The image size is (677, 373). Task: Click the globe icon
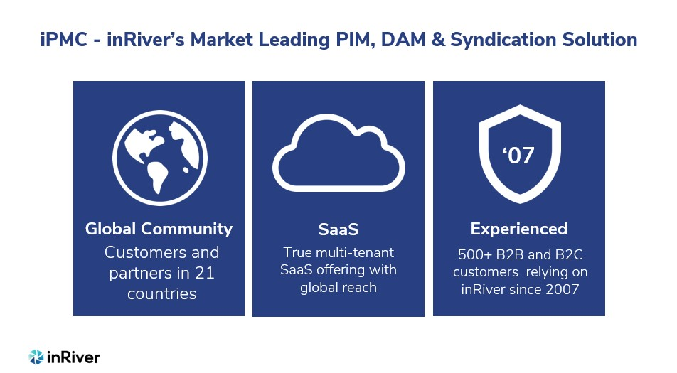click(x=160, y=158)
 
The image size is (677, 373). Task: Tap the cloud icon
click(x=338, y=153)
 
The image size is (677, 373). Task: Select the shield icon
click(x=520, y=154)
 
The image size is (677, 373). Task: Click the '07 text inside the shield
click(x=518, y=155)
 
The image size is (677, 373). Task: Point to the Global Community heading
click(x=159, y=229)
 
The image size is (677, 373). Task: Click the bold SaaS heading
click(x=338, y=229)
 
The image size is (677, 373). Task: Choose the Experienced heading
click(x=519, y=229)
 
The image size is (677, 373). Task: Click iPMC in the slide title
click(x=63, y=40)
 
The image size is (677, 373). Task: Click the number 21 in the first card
click(x=205, y=273)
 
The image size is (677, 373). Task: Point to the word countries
click(x=162, y=293)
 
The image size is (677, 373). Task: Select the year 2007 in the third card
click(x=562, y=289)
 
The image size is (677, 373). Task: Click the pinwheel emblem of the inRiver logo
click(x=36, y=357)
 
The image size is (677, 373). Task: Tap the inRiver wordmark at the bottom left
click(x=73, y=357)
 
